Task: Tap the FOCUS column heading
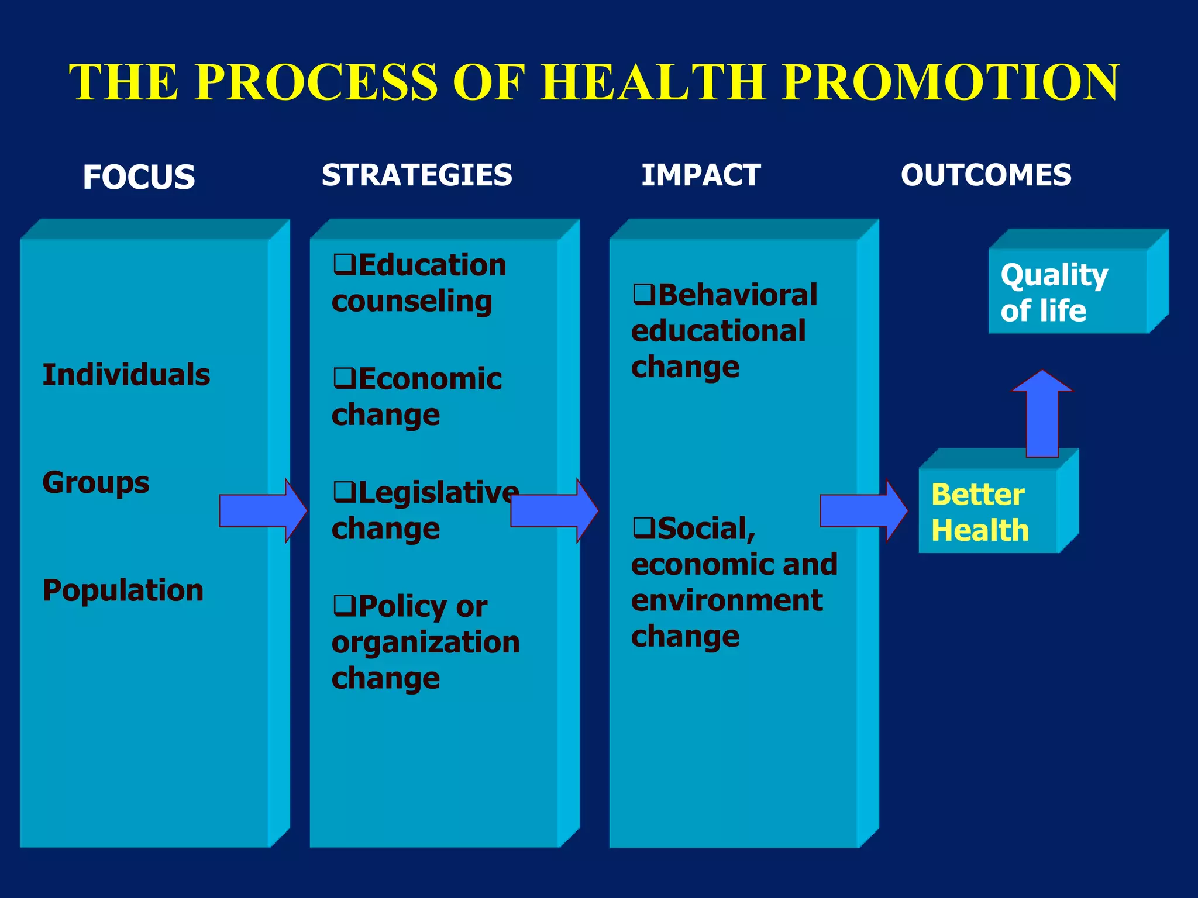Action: click(139, 177)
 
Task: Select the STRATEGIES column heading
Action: click(416, 175)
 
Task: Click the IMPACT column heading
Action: click(701, 175)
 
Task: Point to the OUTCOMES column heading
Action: click(986, 175)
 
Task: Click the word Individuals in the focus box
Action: click(126, 374)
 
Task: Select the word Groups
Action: click(96, 483)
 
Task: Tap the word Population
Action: click(123, 590)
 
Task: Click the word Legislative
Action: click(438, 492)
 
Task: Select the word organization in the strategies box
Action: click(425, 642)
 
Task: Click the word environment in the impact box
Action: click(727, 600)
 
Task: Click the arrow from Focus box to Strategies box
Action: click(262, 510)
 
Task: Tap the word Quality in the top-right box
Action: click(1054, 275)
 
